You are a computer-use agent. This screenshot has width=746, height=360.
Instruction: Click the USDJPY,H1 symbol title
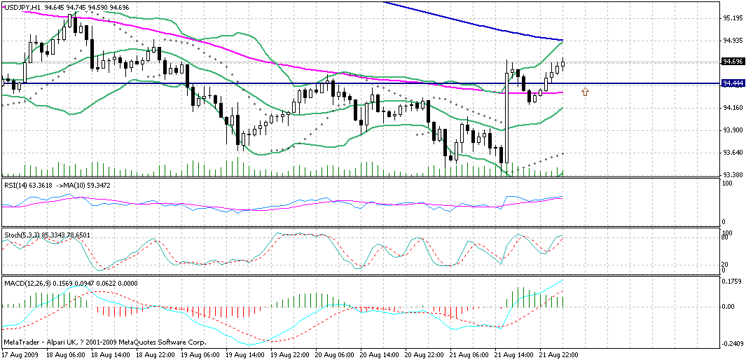coord(21,7)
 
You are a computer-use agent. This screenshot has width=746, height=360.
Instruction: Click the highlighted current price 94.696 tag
coord(733,62)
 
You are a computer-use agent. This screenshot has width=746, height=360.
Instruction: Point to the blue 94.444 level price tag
coord(733,83)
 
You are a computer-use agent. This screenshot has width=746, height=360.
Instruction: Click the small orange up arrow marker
coord(586,91)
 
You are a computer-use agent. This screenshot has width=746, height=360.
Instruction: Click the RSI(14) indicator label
coord(17,185)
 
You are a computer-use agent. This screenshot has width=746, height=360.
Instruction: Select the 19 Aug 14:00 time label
coord(245,354)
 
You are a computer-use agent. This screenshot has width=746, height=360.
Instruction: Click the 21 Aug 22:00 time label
coord(558,354)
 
